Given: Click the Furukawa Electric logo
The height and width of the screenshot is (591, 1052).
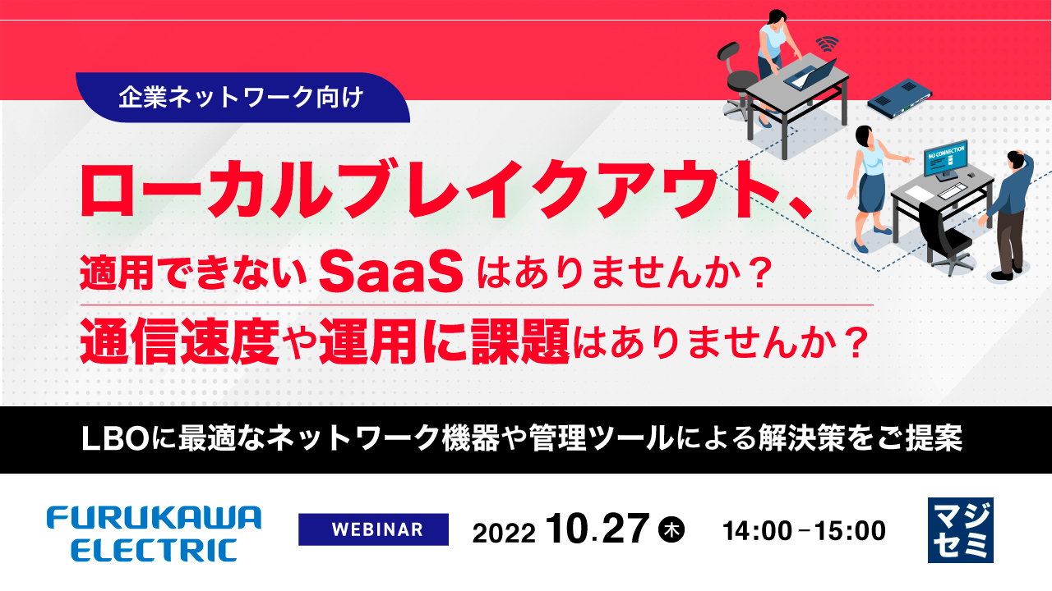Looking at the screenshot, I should [154, 533].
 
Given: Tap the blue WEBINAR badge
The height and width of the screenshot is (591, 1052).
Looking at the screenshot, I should [373, 529].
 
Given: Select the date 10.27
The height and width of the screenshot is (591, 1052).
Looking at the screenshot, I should [596, 529].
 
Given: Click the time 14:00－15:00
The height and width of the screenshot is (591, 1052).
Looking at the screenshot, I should [804, 531].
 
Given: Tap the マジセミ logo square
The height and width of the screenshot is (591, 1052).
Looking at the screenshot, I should [960, 529].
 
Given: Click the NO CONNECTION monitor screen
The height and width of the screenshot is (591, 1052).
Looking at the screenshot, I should [944, 159].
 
